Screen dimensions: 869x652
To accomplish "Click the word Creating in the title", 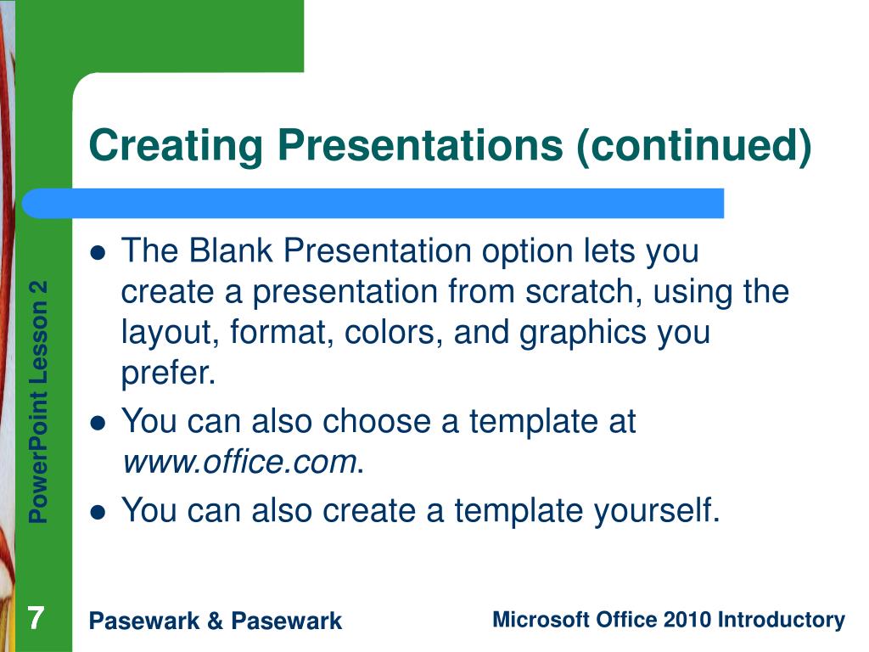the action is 175,146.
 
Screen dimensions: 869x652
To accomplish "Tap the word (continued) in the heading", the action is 694,146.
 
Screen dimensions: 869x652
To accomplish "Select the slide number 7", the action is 36,618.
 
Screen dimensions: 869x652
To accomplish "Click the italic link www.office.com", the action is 239,461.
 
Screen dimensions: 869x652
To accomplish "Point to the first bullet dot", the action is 98,253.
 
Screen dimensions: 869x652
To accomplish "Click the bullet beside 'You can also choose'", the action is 98,424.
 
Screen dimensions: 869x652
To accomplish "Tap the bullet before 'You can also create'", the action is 98,512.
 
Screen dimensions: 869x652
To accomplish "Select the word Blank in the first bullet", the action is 231,250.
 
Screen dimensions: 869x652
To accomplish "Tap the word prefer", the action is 168,374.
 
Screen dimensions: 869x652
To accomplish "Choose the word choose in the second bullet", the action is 377,421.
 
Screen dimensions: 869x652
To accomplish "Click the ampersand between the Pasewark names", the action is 215,621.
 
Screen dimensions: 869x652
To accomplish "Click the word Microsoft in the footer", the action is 541,619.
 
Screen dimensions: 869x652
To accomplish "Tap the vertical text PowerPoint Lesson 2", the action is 38,402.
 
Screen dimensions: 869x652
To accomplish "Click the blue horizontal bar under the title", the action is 373,203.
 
